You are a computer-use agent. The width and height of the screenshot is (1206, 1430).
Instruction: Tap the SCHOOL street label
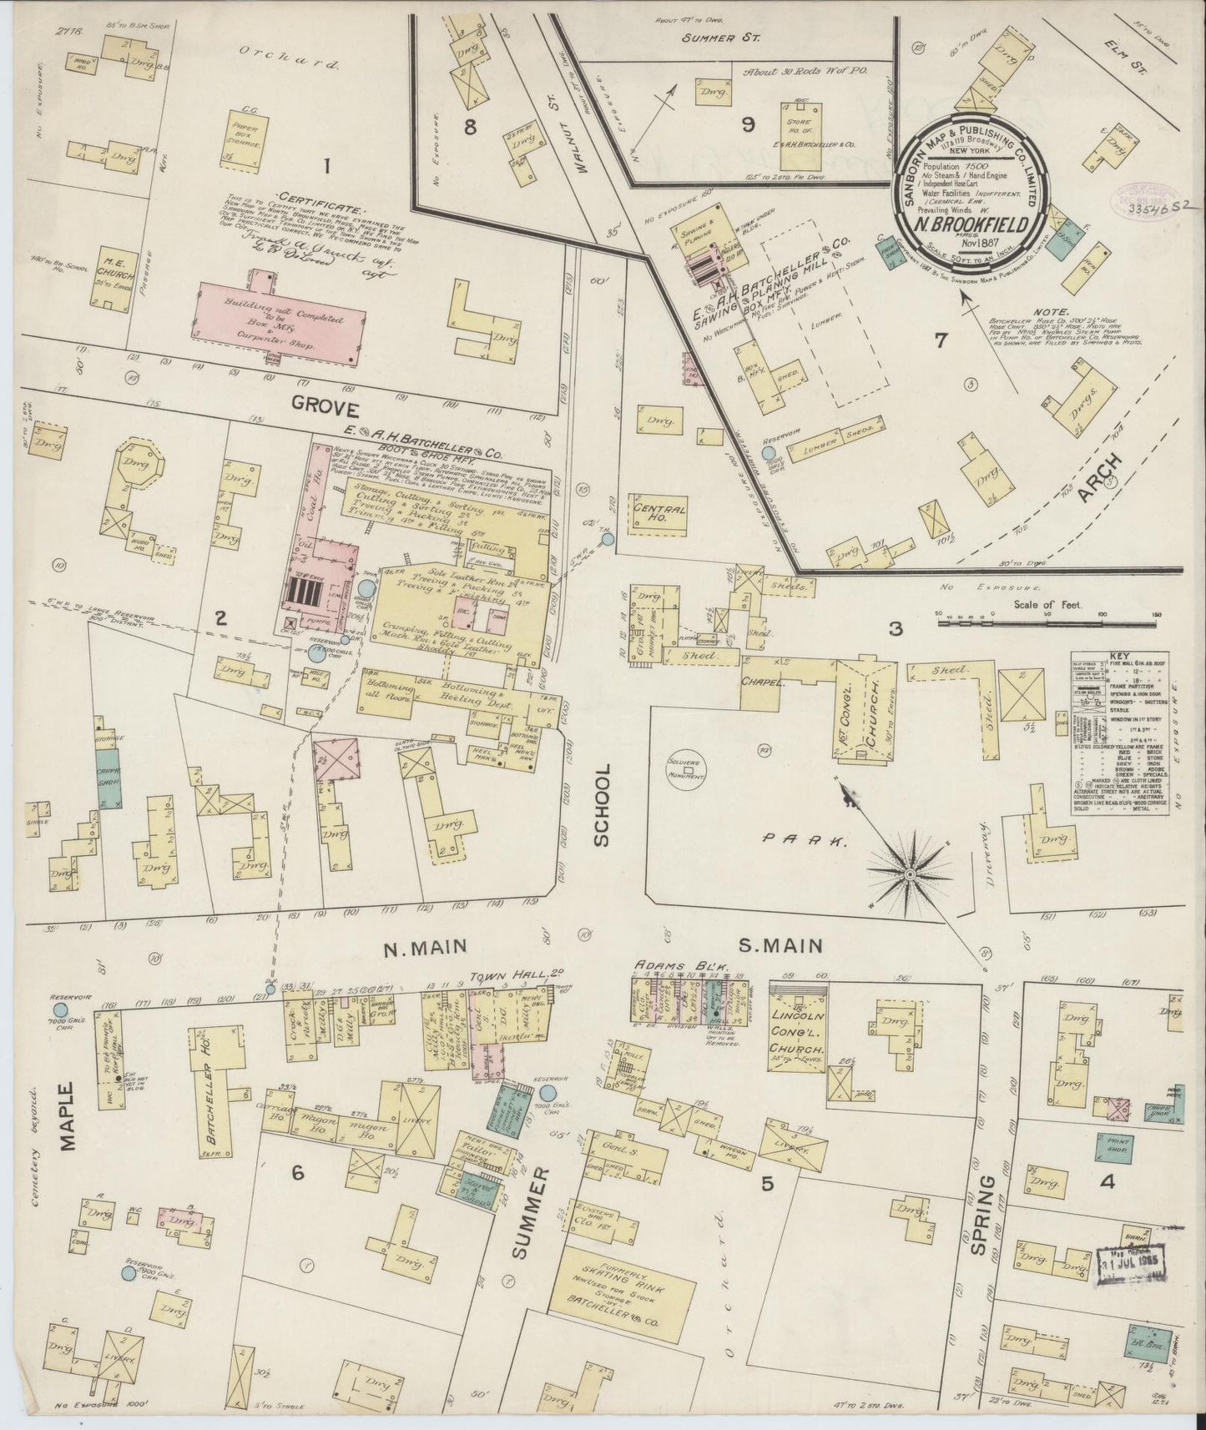(x=603, y=806)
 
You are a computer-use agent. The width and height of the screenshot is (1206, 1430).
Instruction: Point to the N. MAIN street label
(x=423, y=946)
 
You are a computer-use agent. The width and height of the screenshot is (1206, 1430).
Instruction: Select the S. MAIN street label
(x=781, y=946)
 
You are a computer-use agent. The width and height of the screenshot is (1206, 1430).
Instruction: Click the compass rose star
(x=906, y=873)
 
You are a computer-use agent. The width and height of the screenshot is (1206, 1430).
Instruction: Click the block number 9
(x=747, y=125)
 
